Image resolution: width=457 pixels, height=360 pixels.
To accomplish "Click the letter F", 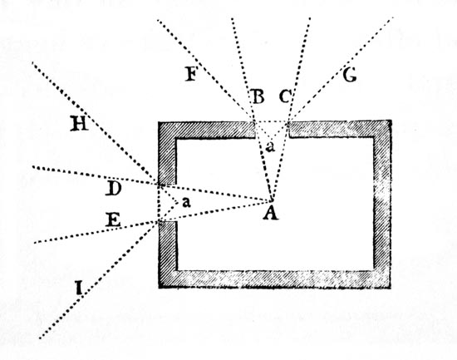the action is (x=191, y=73).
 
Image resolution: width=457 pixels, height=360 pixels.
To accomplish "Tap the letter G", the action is (x=349, y=76).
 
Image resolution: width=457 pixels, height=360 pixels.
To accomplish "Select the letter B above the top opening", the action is (x=258, y=96).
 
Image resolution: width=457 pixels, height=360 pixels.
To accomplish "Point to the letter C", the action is (x=285, y=96).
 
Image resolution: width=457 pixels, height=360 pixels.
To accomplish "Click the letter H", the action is (x=79, y=123).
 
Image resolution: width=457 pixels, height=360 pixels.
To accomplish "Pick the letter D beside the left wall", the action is (x=113, y=188).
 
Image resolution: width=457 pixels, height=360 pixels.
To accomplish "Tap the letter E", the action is (x=113, y=219).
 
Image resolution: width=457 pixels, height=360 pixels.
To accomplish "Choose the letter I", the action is (x=78, y=288).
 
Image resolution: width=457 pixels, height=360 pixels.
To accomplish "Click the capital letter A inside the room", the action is (x=271, y=213).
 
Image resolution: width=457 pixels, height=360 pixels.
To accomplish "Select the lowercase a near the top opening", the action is (x=271, y=146).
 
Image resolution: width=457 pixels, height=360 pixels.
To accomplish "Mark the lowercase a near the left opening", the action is (x=186, y=202).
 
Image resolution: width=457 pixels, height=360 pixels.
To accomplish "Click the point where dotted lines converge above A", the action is (x=272, y=200).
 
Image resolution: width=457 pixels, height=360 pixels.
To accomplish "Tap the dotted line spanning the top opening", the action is (x=272, y=121).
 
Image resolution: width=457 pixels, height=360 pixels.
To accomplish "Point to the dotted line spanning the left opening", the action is (x=160, y=204).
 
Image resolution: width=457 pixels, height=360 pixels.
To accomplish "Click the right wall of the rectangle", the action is (x=382, y=205).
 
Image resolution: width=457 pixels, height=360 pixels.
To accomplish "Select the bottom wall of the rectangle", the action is (x=274, y=279).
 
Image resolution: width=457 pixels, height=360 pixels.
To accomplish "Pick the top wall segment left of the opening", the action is (x=207, y=130).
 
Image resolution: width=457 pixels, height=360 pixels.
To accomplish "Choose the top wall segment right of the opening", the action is (x=339, y=129).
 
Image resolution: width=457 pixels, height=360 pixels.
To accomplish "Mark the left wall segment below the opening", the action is (x=168, y=254).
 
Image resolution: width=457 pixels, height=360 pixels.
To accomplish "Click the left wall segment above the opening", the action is (x=167, y=154).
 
